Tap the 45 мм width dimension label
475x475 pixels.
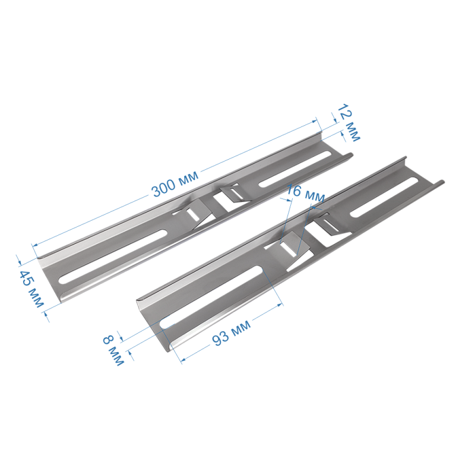tap(31, 289)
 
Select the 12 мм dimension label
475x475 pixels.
tap(349, 122)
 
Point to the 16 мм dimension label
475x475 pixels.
tap(305, 194)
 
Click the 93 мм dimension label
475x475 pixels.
tap(231, 332)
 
